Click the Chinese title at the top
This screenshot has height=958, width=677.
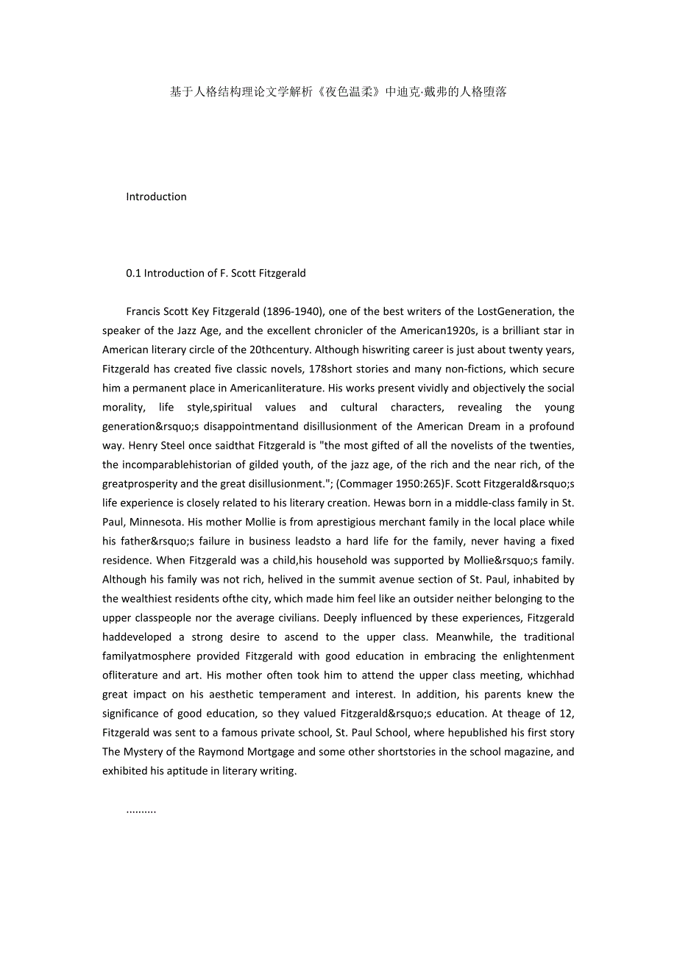tap(338, 92)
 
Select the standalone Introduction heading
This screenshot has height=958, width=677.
tap(156, 196)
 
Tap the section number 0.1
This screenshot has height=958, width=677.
tap(133, 273)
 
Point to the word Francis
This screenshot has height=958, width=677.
tap(144, 311)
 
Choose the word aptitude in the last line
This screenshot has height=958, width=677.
tap(179, 770)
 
